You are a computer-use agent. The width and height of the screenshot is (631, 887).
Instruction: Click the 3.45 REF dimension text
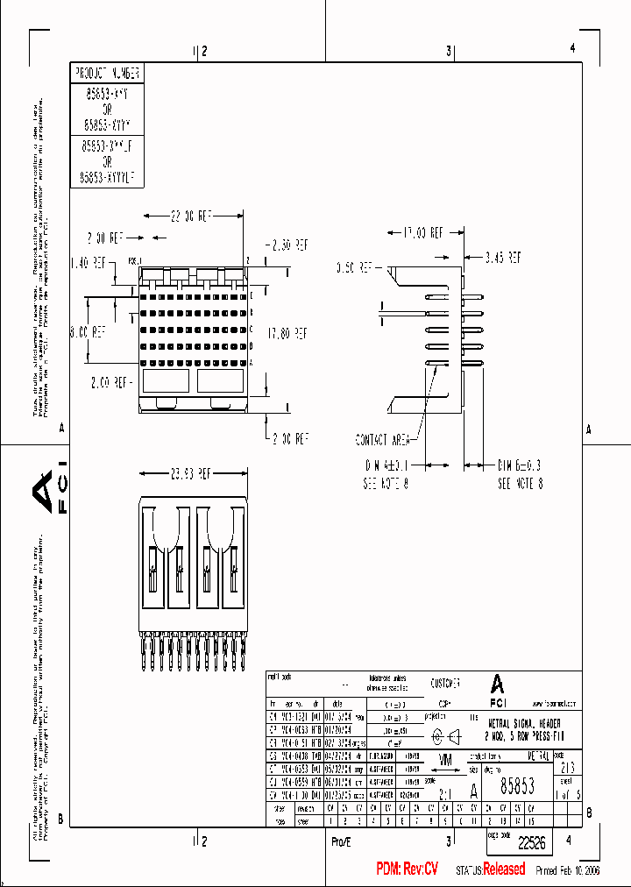[x=503, y=258]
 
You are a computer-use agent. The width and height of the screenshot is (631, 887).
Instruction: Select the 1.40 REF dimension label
[x=89, y=261]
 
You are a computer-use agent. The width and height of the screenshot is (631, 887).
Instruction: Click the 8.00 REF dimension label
[x=89, y=332]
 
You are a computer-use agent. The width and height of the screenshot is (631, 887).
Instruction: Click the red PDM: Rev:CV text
[x=407, y=869]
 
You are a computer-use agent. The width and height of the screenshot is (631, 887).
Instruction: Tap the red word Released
[x=504, y=869]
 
